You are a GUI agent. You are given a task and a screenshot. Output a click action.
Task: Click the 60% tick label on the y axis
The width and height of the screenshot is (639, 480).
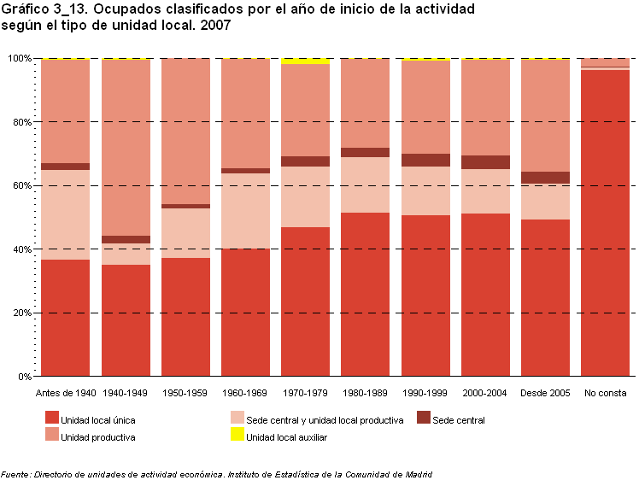pyautogui.click(x=21, y=185)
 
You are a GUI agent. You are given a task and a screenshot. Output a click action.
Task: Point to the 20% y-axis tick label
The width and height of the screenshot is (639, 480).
pyautogui.click(x=21, y=313)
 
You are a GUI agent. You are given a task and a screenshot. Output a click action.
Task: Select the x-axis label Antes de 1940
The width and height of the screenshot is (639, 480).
pyautogui.click(x=65, y=393)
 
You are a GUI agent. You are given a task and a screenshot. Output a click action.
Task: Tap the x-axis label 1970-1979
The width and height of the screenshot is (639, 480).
pyautogui.click(x=305, y=393)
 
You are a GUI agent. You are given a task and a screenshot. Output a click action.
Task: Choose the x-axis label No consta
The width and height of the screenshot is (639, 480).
pyautogui.click(x=604, y=393)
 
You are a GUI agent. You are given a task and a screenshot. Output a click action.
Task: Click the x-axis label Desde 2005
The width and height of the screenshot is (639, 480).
pyautogui.click(x=545, y=393)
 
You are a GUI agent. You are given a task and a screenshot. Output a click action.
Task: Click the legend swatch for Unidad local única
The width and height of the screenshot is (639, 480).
pyautogui.click(x=51, y=419)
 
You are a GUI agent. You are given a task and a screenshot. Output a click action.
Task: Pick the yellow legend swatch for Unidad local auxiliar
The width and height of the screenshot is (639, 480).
pyautogui.click(x=237, y=436)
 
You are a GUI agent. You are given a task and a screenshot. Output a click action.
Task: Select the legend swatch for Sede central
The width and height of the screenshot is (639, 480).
pyautogui.click(x=424, y=419)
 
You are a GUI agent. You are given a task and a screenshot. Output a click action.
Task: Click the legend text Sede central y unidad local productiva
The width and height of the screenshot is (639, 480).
pyautogui.click(x=325, y=420)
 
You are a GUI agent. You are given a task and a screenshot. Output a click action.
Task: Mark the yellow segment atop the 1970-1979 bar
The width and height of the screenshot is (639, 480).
pyautogui.click(x=305, y=61)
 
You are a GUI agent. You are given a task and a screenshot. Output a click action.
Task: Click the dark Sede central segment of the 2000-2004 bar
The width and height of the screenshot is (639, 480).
pyautogui.click(x=485, y=162)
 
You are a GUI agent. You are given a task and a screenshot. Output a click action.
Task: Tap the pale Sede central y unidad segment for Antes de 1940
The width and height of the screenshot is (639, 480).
pyautogui.click(x=65, y=214)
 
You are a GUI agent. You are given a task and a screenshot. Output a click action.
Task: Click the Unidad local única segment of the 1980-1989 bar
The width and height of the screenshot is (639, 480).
pyautogui.click(x=365, y=295)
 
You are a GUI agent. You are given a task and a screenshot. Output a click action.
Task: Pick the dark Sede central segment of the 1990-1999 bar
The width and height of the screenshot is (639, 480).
pyautogui.click(x=425, y=160)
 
